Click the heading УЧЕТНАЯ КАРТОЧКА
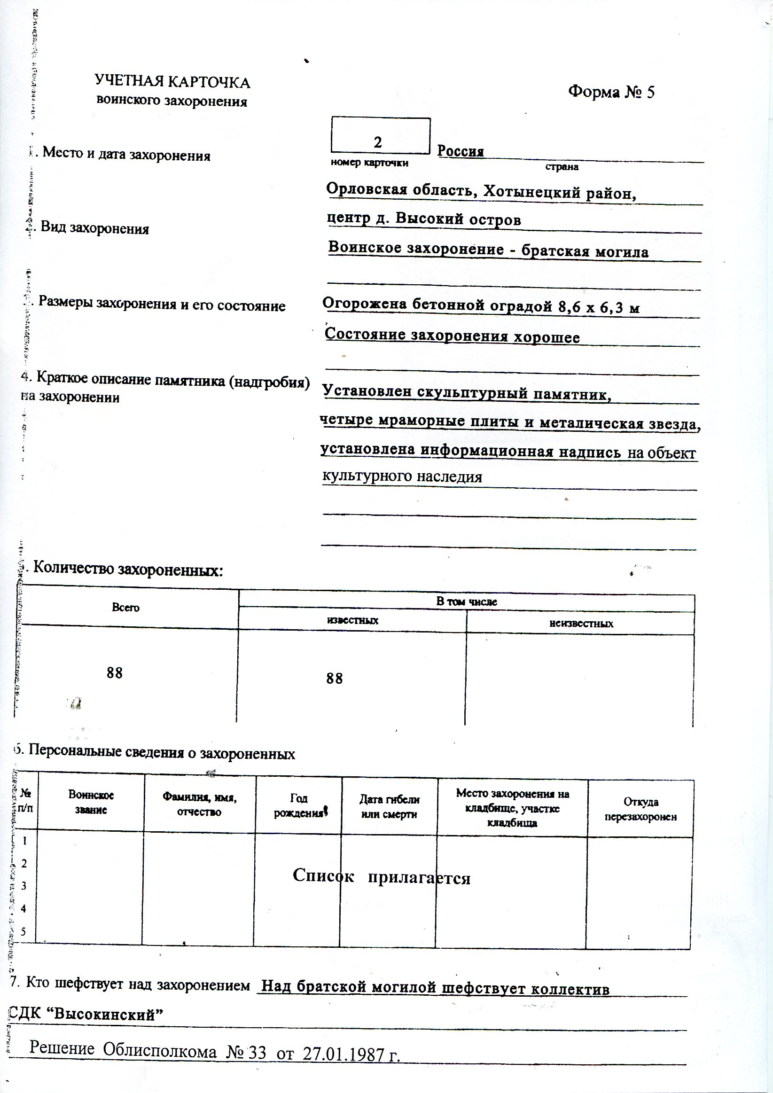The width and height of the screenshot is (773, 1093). pyautogui.click(x=172, y=82)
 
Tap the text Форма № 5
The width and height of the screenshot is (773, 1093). pyautogui.click(x=611, y=92)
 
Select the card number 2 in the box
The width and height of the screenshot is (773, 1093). pyautogui.click(x=378, y=142)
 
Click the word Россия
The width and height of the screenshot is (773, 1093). pyautogui.click(x=461, y=151)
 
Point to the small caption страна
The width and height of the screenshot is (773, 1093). pyautogui.click(x=562, y=167)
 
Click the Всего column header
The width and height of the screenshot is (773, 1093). pyautogui.click(x=125, y=608)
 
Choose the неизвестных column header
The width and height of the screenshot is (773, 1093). pyautogui.click(x=581, y=624)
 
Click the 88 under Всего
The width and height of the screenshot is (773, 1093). pyautogui.click(x=115, y=672)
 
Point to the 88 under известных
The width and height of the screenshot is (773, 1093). pyautogui.click(x=335, y=679)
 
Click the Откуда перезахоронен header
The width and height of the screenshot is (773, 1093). pyautogui.click(x=640, y=809)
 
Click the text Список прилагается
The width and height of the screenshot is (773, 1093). pyautogui.click(x=381, y=876)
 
